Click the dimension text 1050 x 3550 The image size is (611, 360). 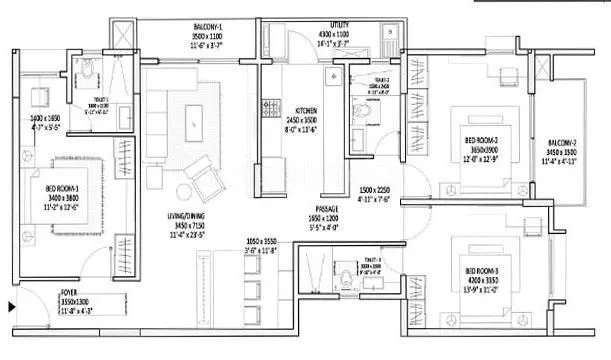click(x=267, y=241)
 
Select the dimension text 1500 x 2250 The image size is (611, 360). click(x=379, y=189)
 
